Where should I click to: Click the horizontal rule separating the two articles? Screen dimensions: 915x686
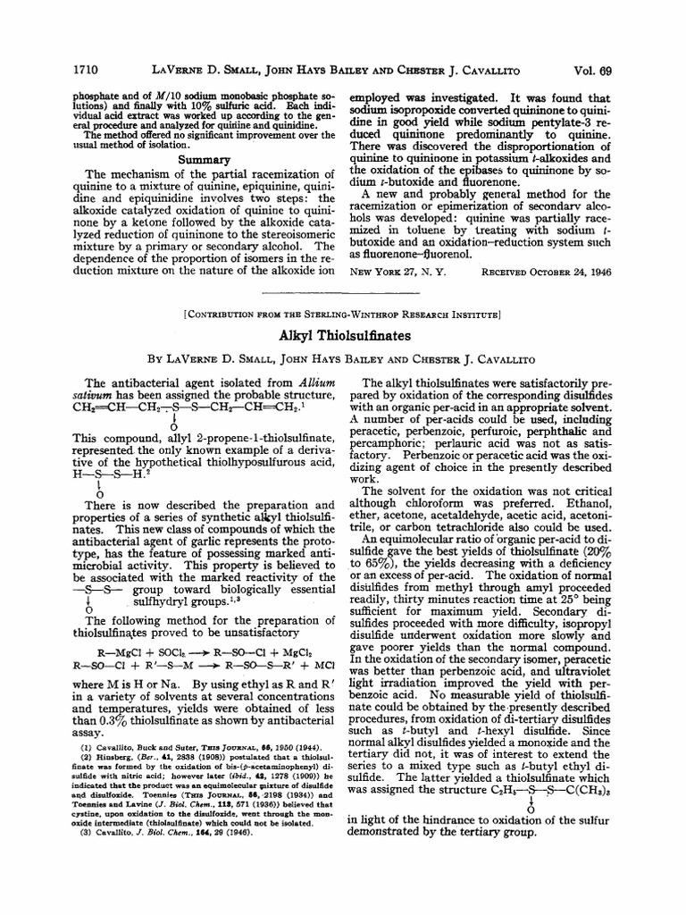342,292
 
